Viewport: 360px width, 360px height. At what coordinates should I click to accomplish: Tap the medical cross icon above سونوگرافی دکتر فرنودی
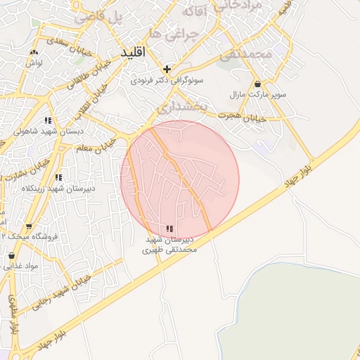(167, 69)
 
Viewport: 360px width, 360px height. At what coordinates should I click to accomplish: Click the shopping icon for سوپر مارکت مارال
(257, 84)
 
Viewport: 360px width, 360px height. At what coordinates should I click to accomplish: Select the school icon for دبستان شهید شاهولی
(48, 120)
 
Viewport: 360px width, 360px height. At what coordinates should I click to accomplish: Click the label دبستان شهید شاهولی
(49, 131)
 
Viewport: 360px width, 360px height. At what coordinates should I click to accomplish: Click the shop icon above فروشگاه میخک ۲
(29, 226)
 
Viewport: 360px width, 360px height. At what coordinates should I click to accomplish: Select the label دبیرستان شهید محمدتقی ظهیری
(168, 244)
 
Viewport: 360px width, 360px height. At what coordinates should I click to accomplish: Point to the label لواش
(34, 63)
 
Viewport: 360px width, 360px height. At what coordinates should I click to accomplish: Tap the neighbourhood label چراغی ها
(165, 34)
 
